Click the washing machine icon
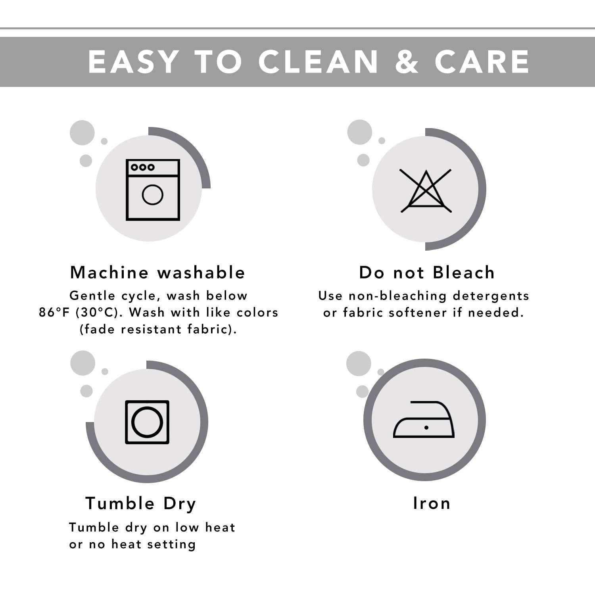click(153, 190)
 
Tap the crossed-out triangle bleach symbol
click(426, 191)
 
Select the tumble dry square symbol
click(147, 422)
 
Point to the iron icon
click(424, 420)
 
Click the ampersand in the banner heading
click(407, 62)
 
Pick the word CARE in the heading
click(482, 62)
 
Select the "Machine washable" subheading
click(157, 273)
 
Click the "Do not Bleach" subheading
click(427, 273)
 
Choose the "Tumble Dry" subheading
click(141, 504)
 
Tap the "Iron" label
click(432, 503)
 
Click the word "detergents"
click(491, 296)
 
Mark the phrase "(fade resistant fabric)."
click(158, 329)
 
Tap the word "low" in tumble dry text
click(187, 527)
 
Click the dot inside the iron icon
click(426, 428)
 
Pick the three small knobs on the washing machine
click(143, 167)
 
